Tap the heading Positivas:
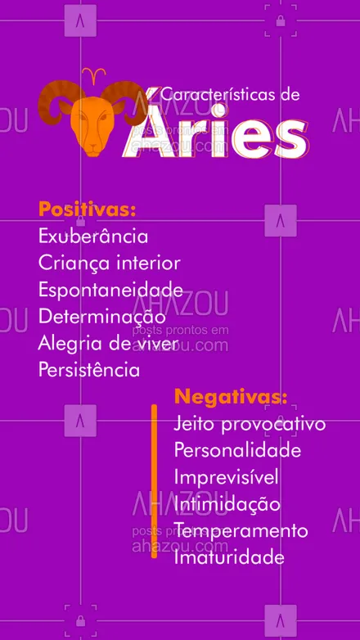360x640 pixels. (87, 210)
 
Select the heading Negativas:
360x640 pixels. (231, 398)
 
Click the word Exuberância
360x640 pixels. (93, 237)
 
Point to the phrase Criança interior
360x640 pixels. (109, 264)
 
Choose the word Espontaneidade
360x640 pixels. (110, 290)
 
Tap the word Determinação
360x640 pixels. (101, 316)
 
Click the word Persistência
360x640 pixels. (89, 369)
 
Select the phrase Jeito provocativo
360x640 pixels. (250, 424)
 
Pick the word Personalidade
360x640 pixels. (237, 451)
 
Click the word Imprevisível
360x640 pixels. (227, 477)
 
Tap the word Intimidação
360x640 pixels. (227, 504)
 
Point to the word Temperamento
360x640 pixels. (241, 530)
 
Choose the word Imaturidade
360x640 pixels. (229, 557)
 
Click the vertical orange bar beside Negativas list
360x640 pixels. (154, 481)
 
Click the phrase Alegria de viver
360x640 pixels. (107, 343)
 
